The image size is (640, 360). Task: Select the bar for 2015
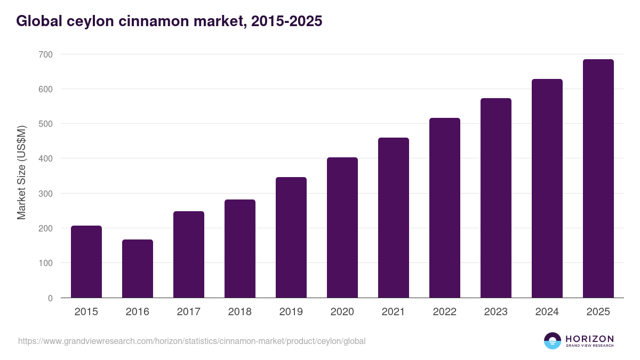(86, 261)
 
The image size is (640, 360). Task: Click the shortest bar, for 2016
(138, 268)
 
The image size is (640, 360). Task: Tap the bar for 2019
(291, 237)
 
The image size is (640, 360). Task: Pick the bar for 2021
(394, 218)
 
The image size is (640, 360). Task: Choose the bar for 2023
(496, 198)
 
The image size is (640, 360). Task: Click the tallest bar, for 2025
(598, 179)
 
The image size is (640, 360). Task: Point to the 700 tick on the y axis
(45, 54)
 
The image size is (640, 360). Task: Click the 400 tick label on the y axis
(45, 158)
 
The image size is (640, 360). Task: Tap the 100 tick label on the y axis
(45, 263)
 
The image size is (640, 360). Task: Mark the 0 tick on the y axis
(50, 298)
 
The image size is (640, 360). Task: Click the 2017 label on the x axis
(189, 312)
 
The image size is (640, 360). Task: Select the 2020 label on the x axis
(342, 312)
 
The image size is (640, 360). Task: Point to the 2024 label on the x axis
(547, 312)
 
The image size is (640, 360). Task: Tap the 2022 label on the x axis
(445, 312)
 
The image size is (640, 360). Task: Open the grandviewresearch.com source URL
(192, 341)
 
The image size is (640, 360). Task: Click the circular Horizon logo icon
(553, 341)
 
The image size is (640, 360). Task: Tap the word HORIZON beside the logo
(589, 338)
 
